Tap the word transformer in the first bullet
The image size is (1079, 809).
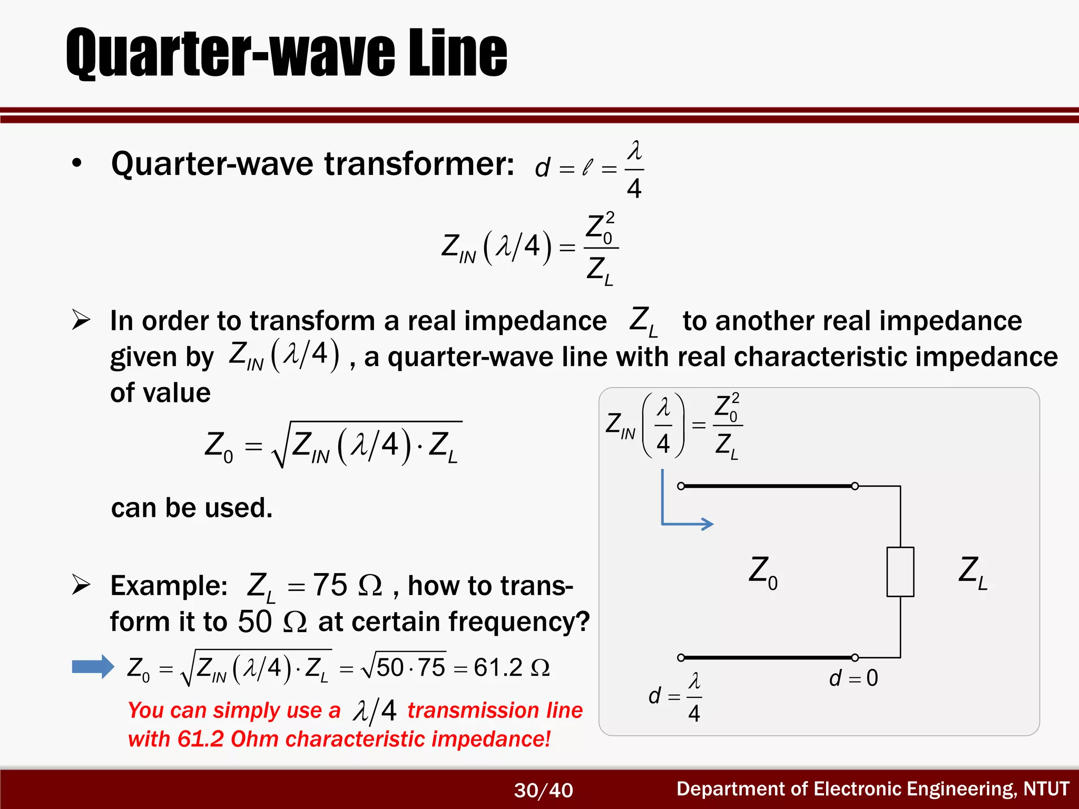pyautogui.click(x=419, y=164)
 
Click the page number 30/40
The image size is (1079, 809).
pyautogui.click(x=543, y=790)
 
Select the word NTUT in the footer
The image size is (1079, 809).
pyautogui.click(x=1046, y=788)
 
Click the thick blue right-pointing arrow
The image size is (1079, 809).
pyautogui.click(x=93, y=667)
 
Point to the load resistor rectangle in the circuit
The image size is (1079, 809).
pyautogui.click(x=900, y=571)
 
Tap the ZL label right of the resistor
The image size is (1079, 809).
pyautogui.click(x=972, y=572)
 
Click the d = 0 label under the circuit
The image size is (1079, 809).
pyautogui.click(x=854, y=678)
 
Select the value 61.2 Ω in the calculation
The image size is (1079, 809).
pyautogui.click(x=511, y=667)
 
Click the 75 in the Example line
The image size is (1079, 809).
pyautogui.click(x=330, y=585)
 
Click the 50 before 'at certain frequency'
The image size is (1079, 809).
pyautogui.click(x=254, y=621)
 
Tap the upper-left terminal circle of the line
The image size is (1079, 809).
pyautogui.click(x=681, y=486)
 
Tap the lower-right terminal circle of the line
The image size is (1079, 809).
pyautogui.click(x=855, y=657)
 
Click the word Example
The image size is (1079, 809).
pyautogui.click(x=169, y=586)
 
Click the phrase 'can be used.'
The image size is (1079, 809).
pyautogui.click(x=192, y=508)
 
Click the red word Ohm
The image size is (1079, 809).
pyautogui.click(x=254, y=739)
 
